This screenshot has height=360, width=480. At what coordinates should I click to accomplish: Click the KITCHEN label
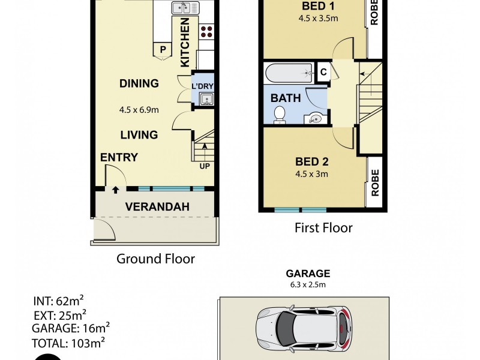click(x=185, y=42)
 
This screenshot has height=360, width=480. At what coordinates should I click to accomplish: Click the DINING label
click(x=139, y=83)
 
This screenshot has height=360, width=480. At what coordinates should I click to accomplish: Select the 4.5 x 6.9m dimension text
click(x=139, y=110)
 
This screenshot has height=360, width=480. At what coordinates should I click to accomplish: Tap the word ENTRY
click(x=119, y=158)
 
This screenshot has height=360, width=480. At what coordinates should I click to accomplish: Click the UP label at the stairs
click(x=204, y=166)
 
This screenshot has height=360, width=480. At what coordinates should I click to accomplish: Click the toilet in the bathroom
click(x=280, y=114)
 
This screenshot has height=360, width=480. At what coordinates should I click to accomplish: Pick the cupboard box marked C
click(x=323, y=73)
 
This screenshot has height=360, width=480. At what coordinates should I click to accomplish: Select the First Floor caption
click(x=323, y=228)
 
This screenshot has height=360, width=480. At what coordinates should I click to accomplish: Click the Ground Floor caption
click(x=155, y=259)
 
